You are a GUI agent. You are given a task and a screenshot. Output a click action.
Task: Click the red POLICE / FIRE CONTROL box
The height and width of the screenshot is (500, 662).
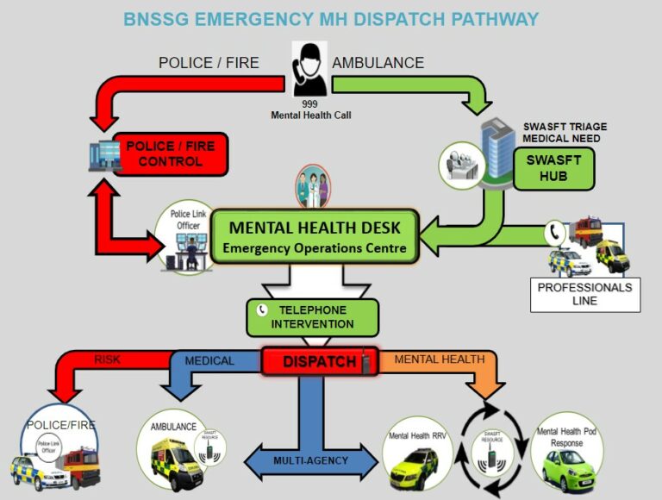(171, 153)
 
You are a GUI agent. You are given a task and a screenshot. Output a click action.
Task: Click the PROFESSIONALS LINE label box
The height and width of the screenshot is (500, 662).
(585, 294)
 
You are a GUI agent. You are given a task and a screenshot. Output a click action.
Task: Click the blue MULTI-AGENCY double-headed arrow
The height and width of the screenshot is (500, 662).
(311, 460)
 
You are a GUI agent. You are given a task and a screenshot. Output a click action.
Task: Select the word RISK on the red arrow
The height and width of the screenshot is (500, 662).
(108, 360)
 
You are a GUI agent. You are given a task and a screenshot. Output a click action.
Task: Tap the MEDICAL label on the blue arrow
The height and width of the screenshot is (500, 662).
(209, 360)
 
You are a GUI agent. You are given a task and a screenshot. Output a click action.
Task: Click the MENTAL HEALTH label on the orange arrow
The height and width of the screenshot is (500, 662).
(439, 359)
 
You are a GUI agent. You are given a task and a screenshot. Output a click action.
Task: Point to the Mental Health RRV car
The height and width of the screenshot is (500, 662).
(417, 466)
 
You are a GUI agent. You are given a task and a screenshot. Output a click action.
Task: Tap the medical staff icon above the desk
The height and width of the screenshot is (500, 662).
(312, 186)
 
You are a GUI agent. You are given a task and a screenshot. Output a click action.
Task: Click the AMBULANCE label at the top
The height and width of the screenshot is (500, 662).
(378, 63)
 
